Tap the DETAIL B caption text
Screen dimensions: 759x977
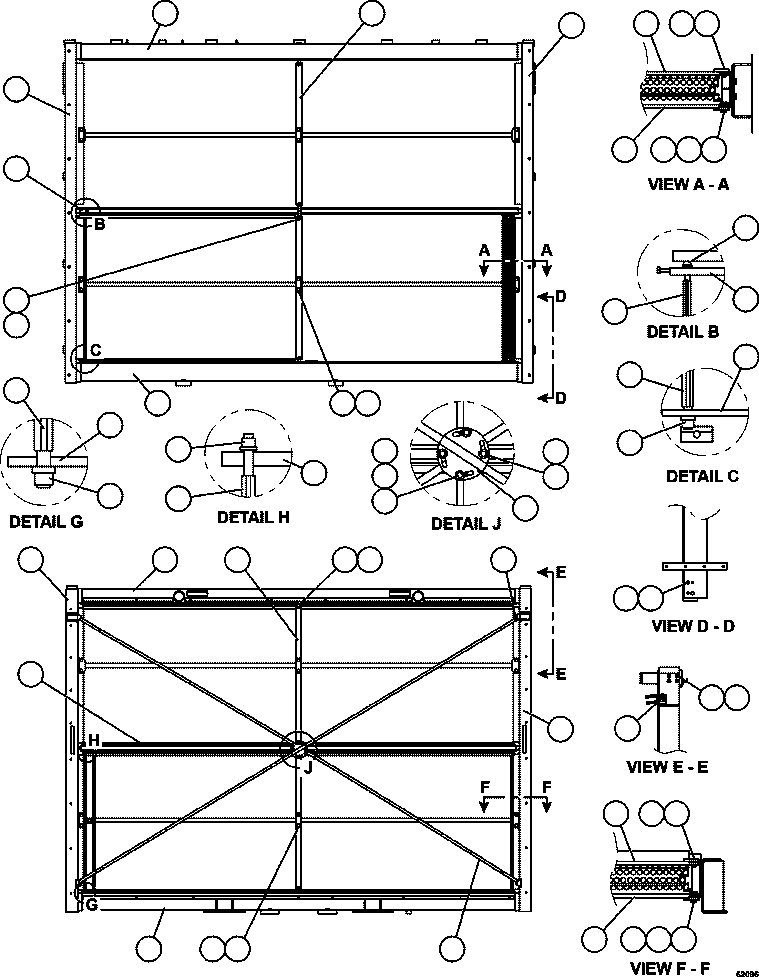(682, 331)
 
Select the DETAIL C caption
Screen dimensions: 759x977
(701, 476)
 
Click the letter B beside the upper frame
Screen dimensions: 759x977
(99, 224)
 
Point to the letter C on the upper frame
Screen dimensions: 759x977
(96, 349)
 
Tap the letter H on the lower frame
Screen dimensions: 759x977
(93, 739)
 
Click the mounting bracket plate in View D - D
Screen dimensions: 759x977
(688, 581)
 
